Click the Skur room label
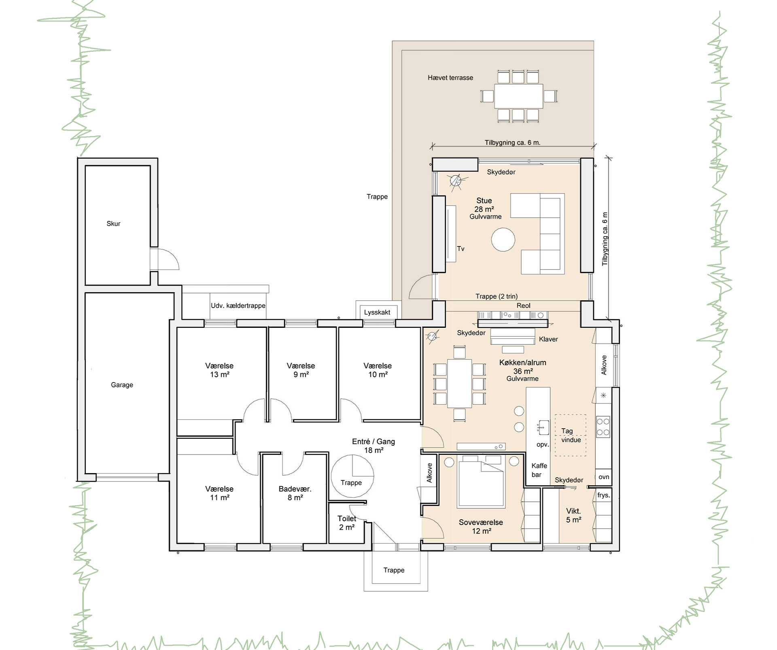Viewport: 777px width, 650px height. (x=113, y=223)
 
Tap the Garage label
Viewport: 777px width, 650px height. (x=122, y=385)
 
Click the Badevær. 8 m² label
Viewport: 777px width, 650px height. (x=295, y=493)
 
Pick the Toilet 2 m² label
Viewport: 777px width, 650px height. (x=347, y=523)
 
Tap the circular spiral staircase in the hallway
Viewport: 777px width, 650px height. (x=352, y=476)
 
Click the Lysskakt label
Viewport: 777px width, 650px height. (x=377, y=312)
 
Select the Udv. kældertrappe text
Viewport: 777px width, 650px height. (x=238, y=306)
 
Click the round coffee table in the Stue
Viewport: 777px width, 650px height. (x=503, y=239)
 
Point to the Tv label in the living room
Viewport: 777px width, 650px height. (x=461, y=249)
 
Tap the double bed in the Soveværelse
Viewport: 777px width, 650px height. (x=481, y=481)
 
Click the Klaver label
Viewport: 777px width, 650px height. (x=548, y=339)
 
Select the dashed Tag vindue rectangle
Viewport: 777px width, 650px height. (x=571, y=435)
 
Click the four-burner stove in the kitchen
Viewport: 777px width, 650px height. (x=603, y=427)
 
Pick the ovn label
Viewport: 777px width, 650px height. (x=604, y=477)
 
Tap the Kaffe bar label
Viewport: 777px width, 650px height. (x=539, y=470)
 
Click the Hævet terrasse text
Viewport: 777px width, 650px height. (x=450, y=78)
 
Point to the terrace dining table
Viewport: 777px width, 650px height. (x=518, y=96)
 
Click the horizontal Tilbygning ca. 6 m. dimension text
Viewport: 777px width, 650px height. (x=512, y=142)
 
